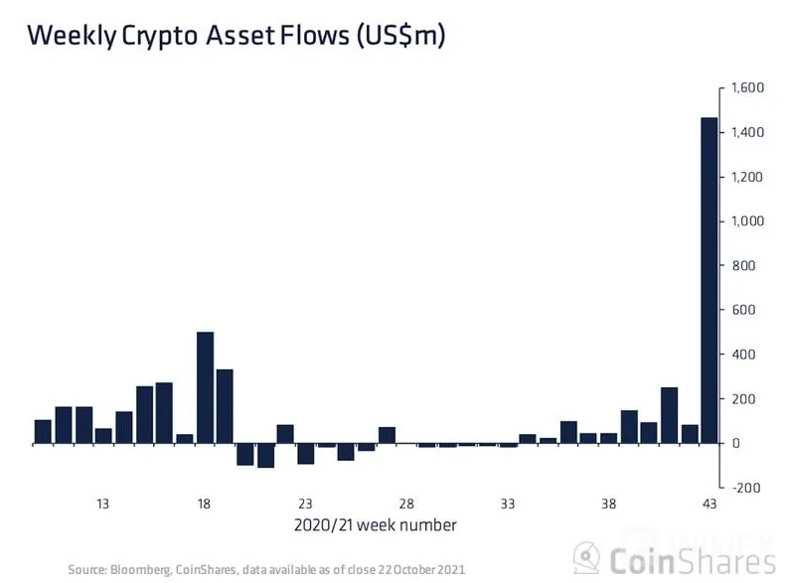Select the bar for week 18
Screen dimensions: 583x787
pyautogui.click(x=205, y=387)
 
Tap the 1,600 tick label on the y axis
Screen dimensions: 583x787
pyautogui.click(x=749, y=88)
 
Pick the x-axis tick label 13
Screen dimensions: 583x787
pyautogui.click(x=102, y=504)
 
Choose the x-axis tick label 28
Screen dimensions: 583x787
pyautogui.click(x=406, y=504)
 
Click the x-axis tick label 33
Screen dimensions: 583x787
pyautogui.click(x=508, y=504)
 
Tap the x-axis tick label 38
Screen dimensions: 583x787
pyautogui.click(x=609, y=504)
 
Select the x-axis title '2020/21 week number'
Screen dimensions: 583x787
pyautogui.click(x=375, y=524)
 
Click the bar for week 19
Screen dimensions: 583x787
pyautogui.click(x=225, y=406)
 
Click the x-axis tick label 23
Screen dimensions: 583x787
pyautogui.click(x=305, y=504)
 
